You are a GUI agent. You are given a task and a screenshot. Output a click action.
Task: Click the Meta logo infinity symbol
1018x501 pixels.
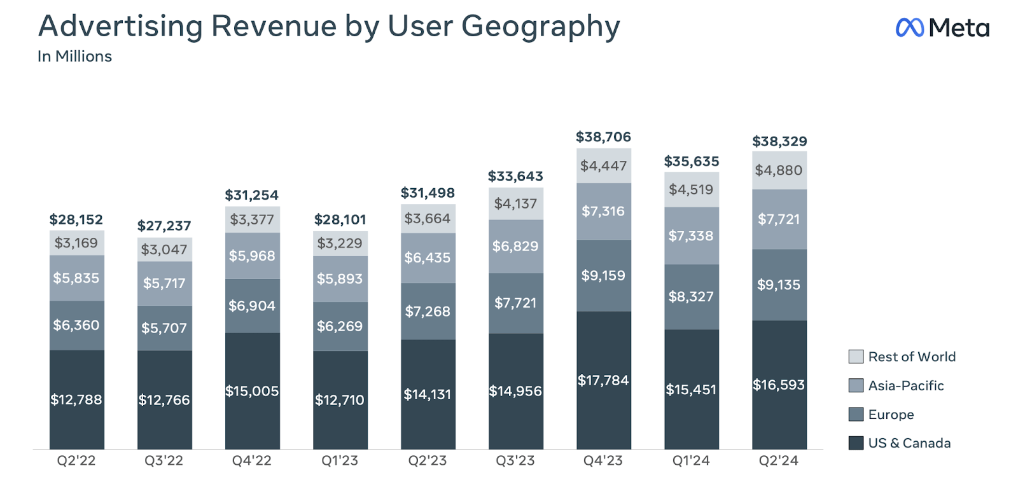[x=909, y=27]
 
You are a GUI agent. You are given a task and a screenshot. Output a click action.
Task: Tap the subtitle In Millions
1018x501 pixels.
[x=74, y=57]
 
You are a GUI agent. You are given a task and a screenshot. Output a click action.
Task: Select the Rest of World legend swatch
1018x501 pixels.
[x=856, y=357]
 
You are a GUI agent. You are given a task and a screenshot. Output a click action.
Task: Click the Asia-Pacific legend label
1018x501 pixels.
[x=905, y=385]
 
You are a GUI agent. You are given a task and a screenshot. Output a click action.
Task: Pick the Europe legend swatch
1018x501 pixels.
[x=856, y=415]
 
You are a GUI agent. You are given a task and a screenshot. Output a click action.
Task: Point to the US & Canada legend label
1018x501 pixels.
[x=909, y=443]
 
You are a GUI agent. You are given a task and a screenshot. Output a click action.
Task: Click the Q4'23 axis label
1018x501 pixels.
[x=603, y=461]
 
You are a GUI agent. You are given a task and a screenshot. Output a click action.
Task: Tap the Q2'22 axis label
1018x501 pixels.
[x=76, y=461]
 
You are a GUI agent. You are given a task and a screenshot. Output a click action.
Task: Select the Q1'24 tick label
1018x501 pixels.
[x=691, y=461]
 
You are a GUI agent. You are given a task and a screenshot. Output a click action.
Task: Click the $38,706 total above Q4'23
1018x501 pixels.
[x=603, y=137]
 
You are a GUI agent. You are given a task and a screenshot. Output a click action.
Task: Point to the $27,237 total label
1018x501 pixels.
[x=164, y=226]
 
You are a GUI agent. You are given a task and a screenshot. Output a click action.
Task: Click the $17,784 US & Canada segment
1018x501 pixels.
[x=603, y=380]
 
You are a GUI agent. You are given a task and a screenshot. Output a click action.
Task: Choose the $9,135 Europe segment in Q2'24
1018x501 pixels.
[x=779, y=285]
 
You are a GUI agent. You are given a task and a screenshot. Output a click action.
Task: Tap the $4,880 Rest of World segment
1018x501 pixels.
[x=779, y=170]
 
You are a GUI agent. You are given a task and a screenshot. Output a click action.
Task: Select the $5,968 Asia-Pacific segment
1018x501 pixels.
[x=252, y=256]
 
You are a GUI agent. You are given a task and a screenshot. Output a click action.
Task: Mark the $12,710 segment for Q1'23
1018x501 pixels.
[x=340, y=400]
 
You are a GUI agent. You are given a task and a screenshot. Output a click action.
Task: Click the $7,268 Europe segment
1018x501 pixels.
[x=428, y=312]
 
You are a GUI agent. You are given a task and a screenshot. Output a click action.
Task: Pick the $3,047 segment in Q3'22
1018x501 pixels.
[x=164, y=249]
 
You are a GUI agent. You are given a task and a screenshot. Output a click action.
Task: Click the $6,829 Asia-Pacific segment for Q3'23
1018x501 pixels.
[x=515, y=246]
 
